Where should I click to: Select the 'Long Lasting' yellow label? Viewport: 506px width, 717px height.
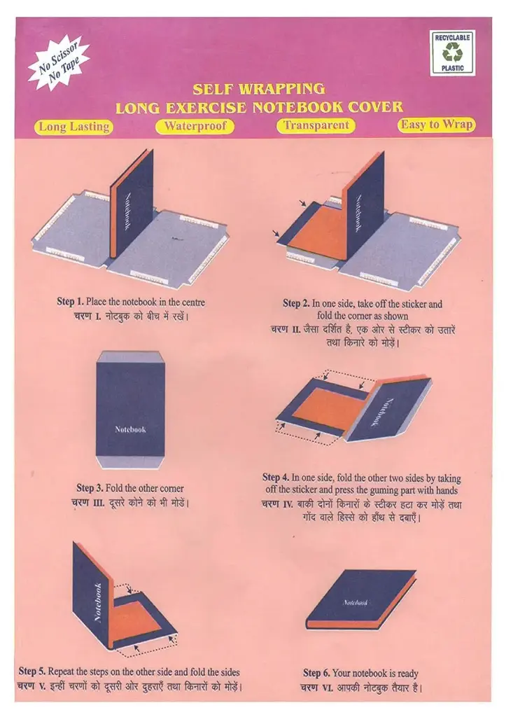tap(74, 127)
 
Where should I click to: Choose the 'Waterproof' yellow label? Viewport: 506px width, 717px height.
tap(195, 126)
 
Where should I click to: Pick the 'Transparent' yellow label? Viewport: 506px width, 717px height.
tap(316, 125)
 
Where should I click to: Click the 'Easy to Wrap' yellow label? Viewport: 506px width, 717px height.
tap(437, 125)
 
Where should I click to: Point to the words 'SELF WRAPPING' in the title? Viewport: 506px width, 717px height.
tap(258, 89)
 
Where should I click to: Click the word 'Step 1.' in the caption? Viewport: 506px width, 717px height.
tap(70, 302)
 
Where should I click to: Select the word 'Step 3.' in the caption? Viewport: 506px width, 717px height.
tap(90, 488)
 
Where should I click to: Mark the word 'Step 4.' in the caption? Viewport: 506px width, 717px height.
tap(276, 476)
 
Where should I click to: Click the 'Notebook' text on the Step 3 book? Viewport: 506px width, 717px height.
tap(130, 429)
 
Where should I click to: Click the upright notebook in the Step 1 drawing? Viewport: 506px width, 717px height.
tap(130, 203)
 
